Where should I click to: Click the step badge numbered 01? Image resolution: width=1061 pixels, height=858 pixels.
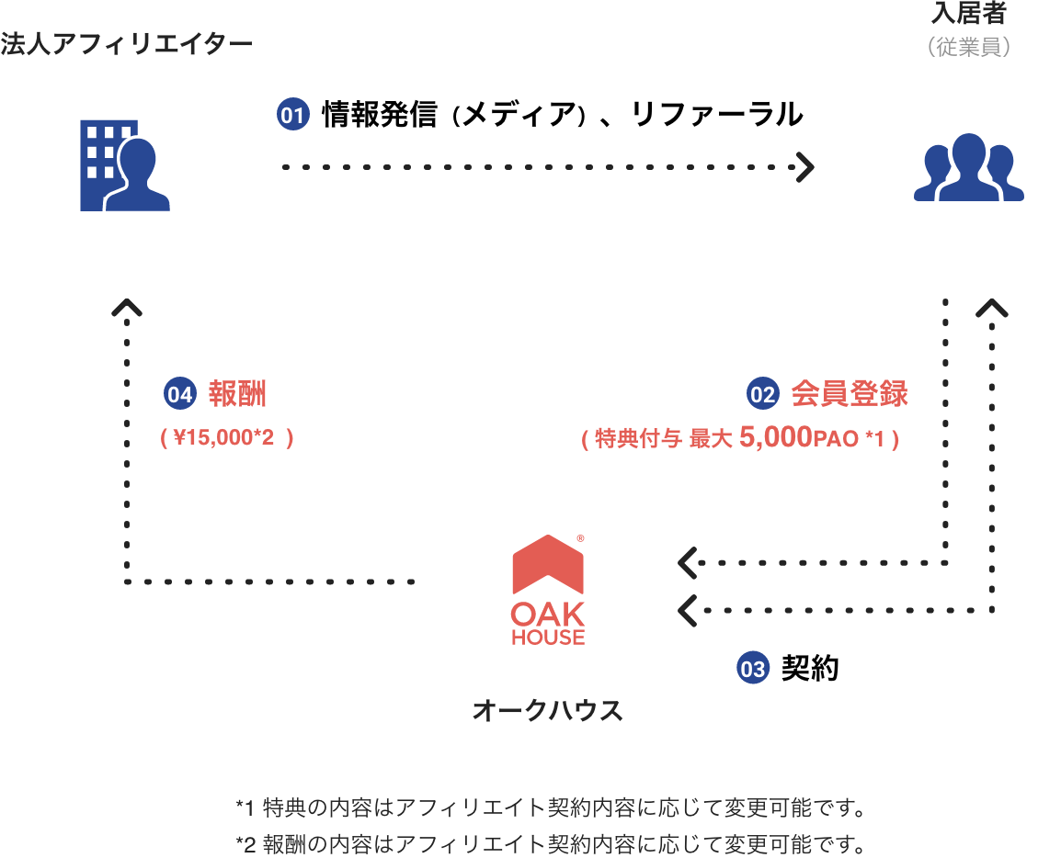pyautogui.click(x=292, y=115)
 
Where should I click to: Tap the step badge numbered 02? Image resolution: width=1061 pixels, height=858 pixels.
pyautogui.click(x=762, y=394)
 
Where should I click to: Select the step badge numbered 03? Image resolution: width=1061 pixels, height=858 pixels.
pyautogui.click(x=752, y=669)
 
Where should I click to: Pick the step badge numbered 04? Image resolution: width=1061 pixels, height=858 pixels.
pyautogui.click(x=180, y=394)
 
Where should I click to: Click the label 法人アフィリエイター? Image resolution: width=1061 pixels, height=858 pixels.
pyautogui.click(x=126, y=43)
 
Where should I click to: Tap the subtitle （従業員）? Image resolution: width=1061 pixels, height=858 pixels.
pyautogui.click(x=969, y=47)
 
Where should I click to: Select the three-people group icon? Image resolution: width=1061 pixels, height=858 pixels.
pyautogui.click(x=968, y=167)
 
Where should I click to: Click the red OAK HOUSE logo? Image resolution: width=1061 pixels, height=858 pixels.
pyautogui.click(x=548, y=589)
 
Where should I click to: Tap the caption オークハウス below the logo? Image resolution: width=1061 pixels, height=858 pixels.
pyautogui.click(x=547, y=710)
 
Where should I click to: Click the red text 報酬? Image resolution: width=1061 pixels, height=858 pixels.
pyautogui.click(x=237, y=394)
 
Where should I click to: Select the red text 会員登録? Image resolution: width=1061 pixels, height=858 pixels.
pyautogui.click(x=850, y=394)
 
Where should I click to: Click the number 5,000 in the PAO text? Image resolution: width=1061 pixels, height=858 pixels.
pyautogui.click(x=774, y=438)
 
